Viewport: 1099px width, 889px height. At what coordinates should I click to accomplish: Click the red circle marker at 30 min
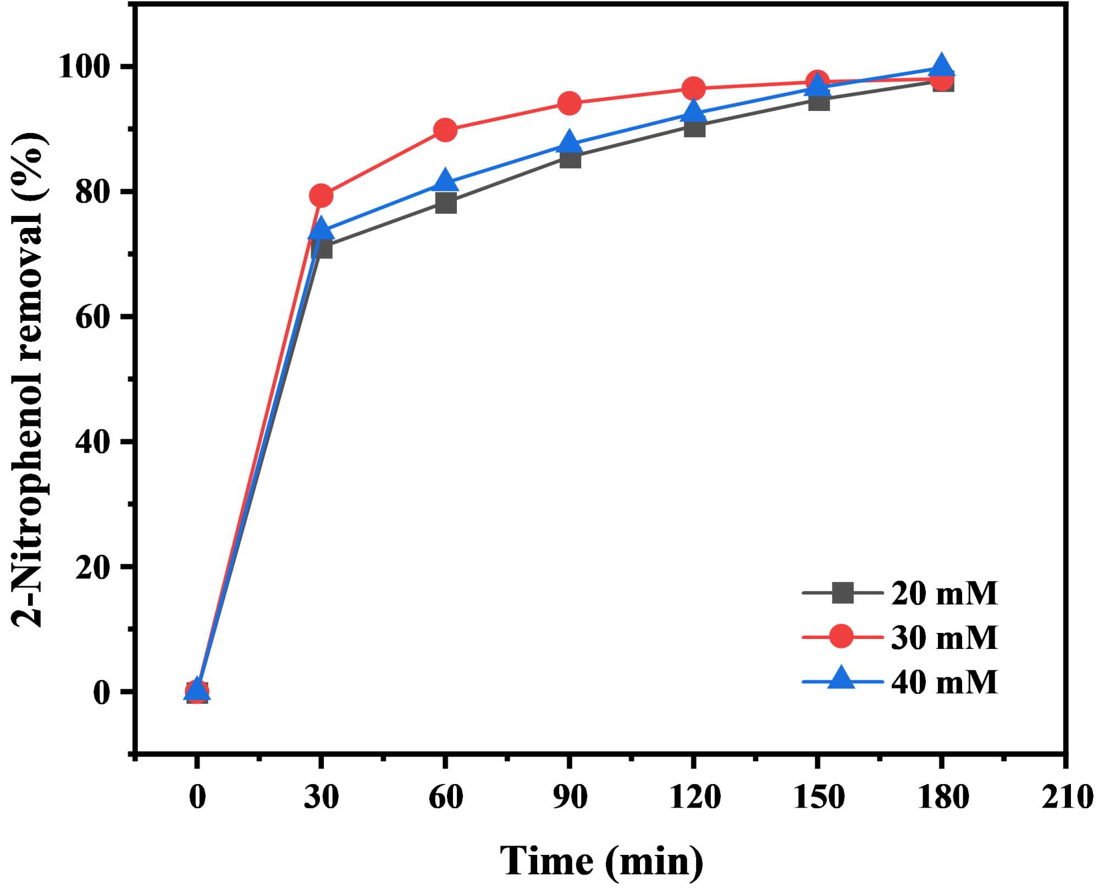coord(321,195)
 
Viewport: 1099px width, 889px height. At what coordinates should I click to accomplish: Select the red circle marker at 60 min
coord(445,130)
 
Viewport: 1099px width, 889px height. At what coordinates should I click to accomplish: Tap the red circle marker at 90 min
coord(570,103)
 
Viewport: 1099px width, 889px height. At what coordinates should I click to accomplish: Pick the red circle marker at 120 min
coord(694,88)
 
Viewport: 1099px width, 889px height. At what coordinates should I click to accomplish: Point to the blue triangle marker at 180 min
coord(942,66)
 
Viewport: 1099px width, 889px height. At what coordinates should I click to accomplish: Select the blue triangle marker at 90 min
coord(570,142)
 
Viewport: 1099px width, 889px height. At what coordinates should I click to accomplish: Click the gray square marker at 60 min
coord(445,203)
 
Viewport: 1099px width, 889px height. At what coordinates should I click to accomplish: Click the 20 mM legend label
coord(944,593)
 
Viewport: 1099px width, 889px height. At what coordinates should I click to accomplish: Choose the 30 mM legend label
coord(944,637)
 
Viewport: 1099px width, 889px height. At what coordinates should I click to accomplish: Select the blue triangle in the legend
coord(841,678)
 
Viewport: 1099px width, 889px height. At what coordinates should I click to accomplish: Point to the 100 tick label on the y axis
coord(90,67)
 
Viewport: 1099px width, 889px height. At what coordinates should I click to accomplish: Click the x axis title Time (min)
coord(601,860)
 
